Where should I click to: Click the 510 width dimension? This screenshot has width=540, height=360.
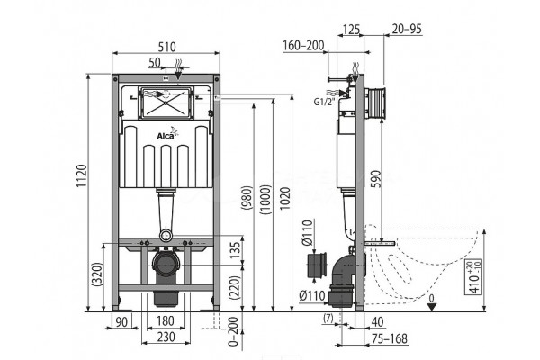click(x=167, y=47)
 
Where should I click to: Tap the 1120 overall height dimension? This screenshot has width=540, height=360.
click(x=82, y=176)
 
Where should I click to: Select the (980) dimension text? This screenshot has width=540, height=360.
click(x=247, y=198)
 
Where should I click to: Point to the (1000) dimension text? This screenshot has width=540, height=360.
click(x=266, y=200)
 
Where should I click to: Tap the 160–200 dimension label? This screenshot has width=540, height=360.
click(x=303, y=45)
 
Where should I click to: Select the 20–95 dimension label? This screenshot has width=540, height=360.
click(x=407, y=29)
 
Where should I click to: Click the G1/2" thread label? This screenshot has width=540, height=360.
click(x=324, y=102)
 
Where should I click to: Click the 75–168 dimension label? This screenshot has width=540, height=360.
click(x=390, y=338)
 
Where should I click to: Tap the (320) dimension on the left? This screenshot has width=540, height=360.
click(x=98, y=274)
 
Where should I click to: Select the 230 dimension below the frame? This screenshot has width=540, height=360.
click(x=166, y=337)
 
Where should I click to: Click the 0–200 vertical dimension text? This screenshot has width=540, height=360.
click(x=233, y=331)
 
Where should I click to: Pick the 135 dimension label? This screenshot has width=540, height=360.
click(x=235, y=250)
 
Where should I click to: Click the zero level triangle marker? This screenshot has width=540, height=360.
click(x=432, y=307)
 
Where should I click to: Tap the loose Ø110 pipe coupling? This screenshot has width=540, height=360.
click(x=316, y=265)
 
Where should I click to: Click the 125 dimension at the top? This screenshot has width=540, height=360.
click(x=351, y=30)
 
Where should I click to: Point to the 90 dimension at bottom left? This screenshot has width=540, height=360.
click(x=121, y=322)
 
